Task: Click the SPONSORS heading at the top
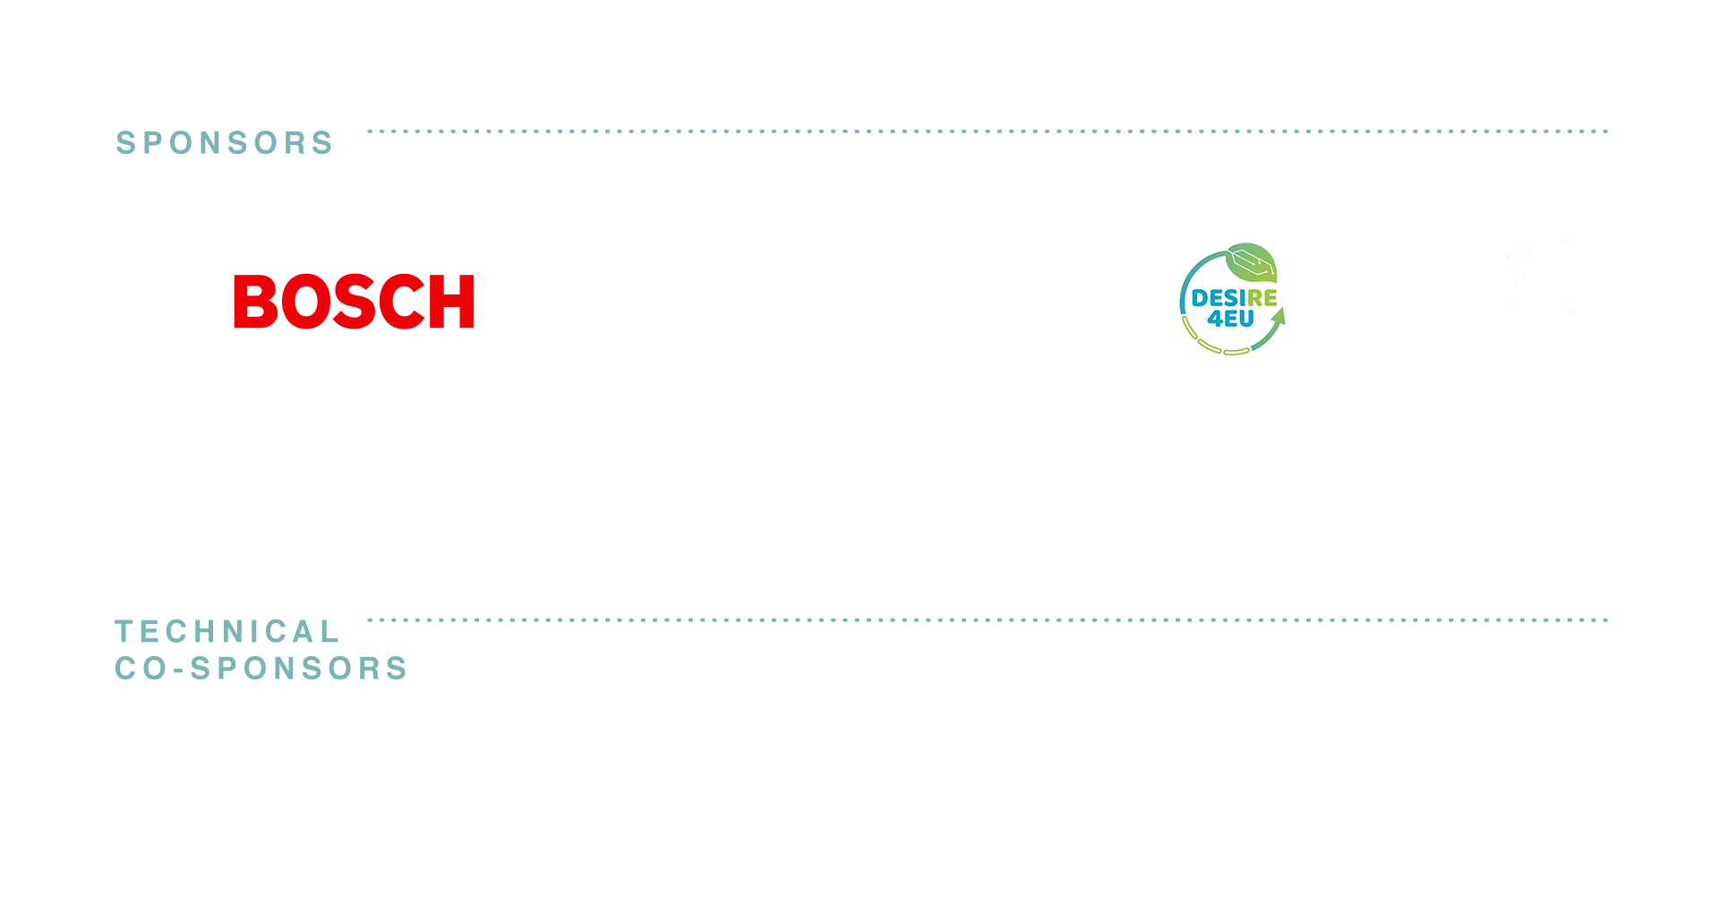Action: (225, 143)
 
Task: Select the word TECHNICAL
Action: (227, 632)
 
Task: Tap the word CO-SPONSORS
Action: (261, 669)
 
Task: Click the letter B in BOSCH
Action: (256, 302)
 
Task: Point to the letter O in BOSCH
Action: (308, 302)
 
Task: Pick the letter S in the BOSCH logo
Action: (358, 302)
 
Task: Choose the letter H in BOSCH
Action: (452, 302)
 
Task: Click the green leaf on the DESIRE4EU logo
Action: (1252, 262)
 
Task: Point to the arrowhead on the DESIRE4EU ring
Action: (1279, 316)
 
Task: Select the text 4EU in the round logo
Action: (1230, 319)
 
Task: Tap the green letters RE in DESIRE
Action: (1262, 298)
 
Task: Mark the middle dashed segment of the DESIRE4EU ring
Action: (1210, 346)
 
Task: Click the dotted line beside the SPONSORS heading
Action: (988, 132)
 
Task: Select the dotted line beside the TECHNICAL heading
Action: (988, 619)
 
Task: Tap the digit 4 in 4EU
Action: (1214, 319)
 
